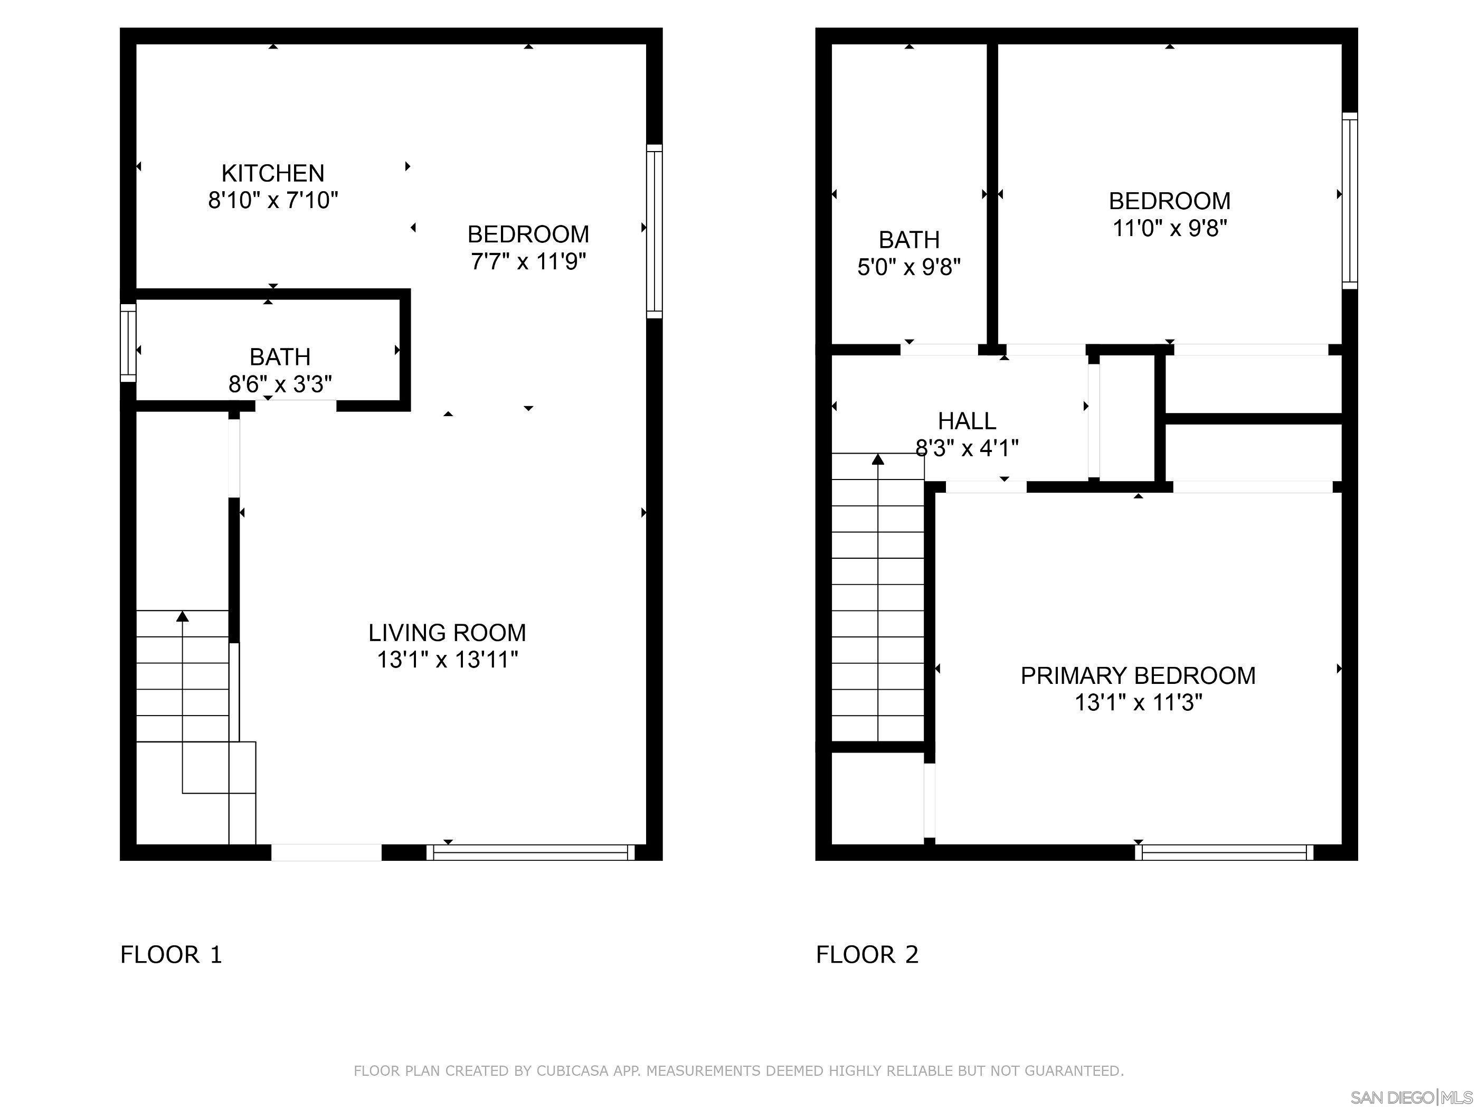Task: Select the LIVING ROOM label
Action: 447,632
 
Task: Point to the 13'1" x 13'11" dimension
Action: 447,660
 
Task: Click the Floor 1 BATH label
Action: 280,356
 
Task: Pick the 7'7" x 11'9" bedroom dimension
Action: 528,261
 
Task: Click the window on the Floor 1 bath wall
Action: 128,342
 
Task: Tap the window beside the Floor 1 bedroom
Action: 654,231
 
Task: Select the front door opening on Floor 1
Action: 326,852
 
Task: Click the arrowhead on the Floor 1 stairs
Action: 183,616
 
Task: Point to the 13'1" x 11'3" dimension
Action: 1138,702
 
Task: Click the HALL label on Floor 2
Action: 967,420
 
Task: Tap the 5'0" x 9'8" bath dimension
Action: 909,267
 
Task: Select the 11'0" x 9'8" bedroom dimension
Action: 1169,228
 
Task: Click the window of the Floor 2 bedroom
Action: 1350,201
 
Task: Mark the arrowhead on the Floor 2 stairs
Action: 878,458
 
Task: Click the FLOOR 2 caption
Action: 867,955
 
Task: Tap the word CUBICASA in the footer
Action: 572,1071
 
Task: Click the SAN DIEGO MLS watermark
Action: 1410,1097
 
